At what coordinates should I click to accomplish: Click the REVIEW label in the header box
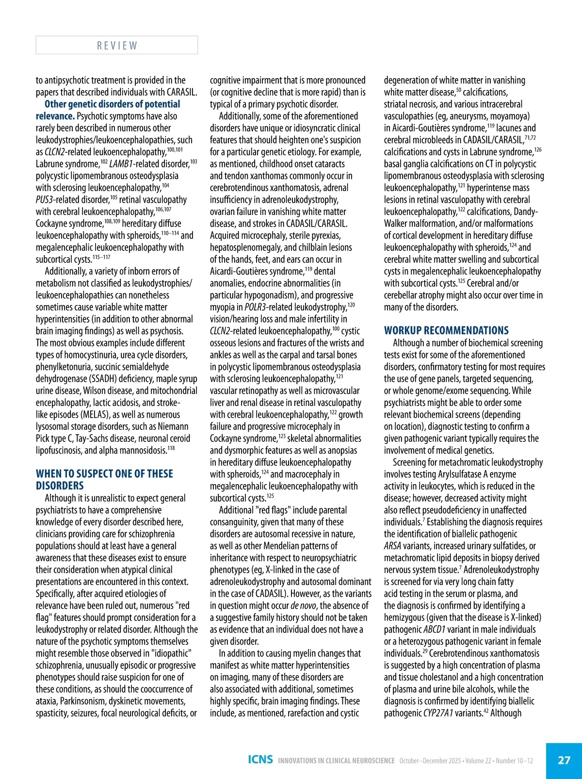point(117,46)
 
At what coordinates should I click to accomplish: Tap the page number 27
point(564,760)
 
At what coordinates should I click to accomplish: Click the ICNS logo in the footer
point(260,760)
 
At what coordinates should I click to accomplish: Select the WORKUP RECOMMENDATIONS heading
point(446,331)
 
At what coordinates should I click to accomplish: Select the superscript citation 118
point(171,448)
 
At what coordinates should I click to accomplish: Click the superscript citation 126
point(538,150)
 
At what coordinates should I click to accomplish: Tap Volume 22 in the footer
point(481,761)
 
